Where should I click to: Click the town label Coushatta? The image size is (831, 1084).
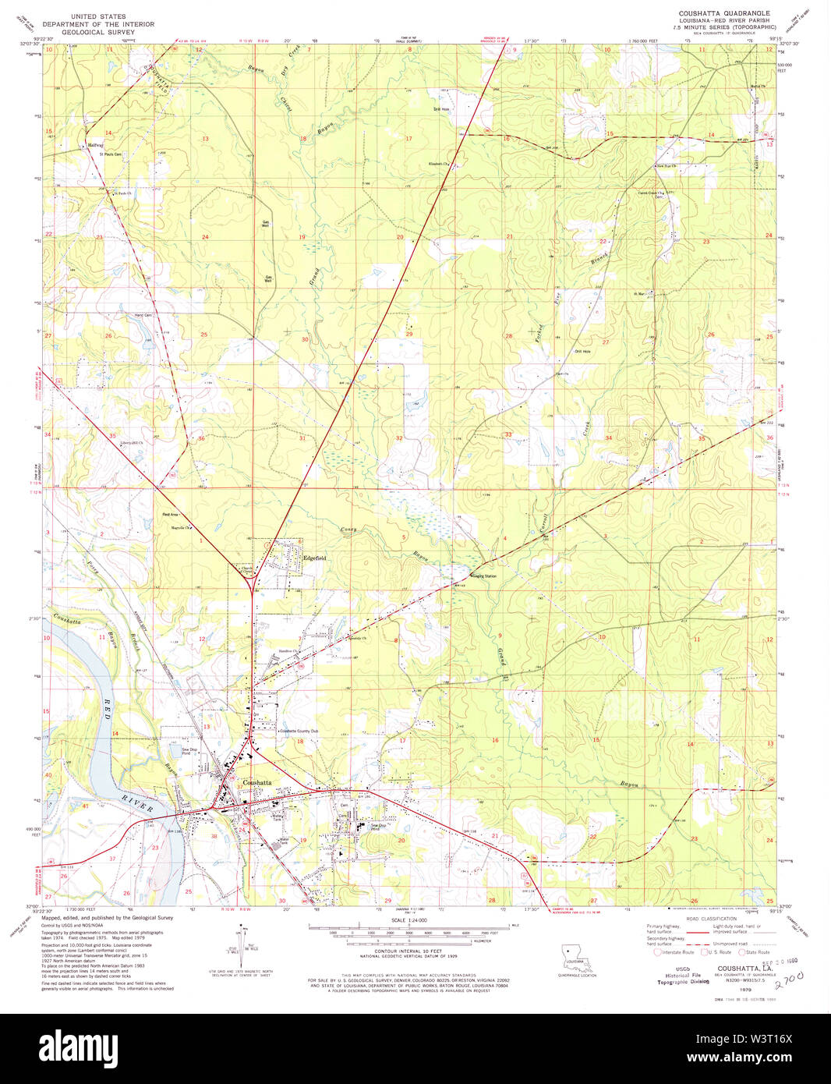pos(257,782)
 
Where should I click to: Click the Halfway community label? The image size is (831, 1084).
pos(95,145)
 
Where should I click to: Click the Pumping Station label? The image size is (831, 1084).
pos(483,576)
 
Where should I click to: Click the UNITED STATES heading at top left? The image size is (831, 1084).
pos(98,16)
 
